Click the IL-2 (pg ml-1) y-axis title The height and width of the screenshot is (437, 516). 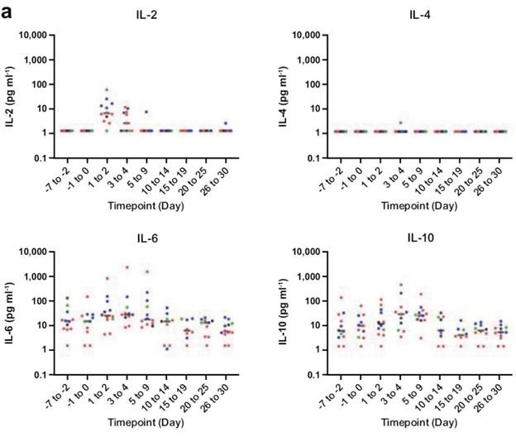pos(10,97)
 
